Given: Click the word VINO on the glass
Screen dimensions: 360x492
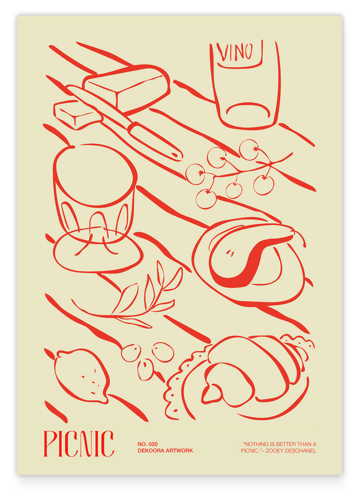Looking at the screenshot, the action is point(236,52).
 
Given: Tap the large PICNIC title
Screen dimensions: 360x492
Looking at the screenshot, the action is point(79,443).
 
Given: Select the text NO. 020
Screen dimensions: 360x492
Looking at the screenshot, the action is point(148,444).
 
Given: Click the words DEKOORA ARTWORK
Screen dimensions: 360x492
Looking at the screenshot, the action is point(165,451).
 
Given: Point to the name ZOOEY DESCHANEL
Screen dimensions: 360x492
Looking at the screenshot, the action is point(290,451).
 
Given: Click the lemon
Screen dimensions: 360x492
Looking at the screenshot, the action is point(82,376).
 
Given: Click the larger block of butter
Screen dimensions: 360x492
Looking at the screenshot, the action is point(127,87).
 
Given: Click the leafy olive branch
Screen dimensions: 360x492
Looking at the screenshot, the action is point(135,298).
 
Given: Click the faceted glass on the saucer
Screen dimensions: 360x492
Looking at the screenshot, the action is point(94,191).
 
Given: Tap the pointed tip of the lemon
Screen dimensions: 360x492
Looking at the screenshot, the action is point(105,401).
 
